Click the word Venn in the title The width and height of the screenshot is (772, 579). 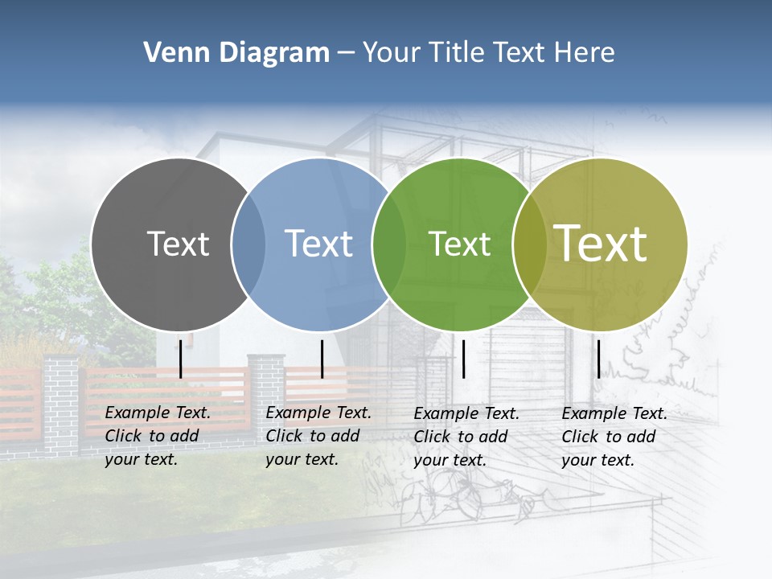[x=170, y=53]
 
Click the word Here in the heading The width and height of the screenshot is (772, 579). [x=586, y=53]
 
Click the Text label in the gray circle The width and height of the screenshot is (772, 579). [x=178, y=244]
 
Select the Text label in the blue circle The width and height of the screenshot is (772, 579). [x=318, y=244]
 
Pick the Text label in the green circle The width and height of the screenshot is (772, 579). [x=459, y=244]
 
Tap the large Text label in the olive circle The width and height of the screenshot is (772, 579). [x=601, y=244]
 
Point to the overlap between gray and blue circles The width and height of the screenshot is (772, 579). [x=248, y=244]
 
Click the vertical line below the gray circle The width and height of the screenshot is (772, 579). [x=181, y=359]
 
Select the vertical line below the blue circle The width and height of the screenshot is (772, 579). [x=322, y=359]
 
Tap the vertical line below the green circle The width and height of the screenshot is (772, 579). [x=464, y=359]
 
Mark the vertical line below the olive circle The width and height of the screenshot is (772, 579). [x=598, y=359]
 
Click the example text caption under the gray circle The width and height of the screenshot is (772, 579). [x=158, y=436]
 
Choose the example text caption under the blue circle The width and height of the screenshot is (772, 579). [x=318, y=436]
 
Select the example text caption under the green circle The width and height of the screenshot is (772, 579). [x=466, y=437]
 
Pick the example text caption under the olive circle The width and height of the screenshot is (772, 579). [x=614, y=437]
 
